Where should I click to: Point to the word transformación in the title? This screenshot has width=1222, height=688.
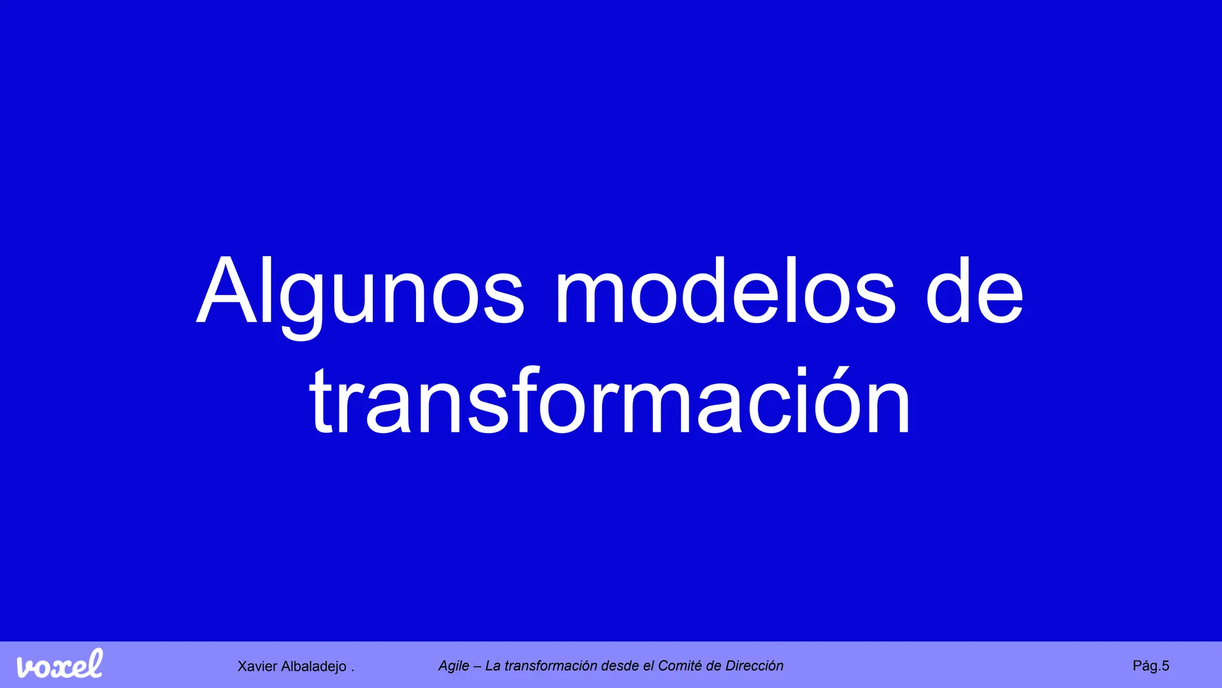click(x=610, y=401)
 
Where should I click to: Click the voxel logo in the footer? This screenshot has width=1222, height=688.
click(x=60, y=665)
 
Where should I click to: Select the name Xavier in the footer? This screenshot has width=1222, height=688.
click(x=257, y=666)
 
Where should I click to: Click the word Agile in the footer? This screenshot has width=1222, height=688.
click(x=454, y=666)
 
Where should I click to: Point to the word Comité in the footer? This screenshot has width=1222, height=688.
click(x=680, y=666)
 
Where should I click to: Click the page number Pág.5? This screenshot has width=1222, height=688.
click(x=1150, y=666)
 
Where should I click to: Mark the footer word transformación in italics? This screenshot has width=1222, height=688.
click(x=551, y=666)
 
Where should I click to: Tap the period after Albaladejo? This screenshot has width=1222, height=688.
click(x=353, y=670)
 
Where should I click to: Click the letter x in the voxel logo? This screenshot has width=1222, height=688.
click(x=61, y=668)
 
